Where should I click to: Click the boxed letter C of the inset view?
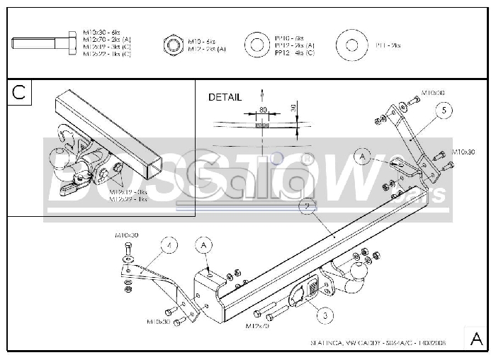click(19, 91)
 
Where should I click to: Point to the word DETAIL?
click(225, 97)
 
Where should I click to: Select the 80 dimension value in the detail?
click(264, 111)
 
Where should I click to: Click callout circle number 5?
click(443, 110)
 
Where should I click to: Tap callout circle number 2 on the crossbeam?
click(306, 206)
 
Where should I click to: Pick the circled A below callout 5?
click(363, 154)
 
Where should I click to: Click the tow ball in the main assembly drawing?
click(356, 271)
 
